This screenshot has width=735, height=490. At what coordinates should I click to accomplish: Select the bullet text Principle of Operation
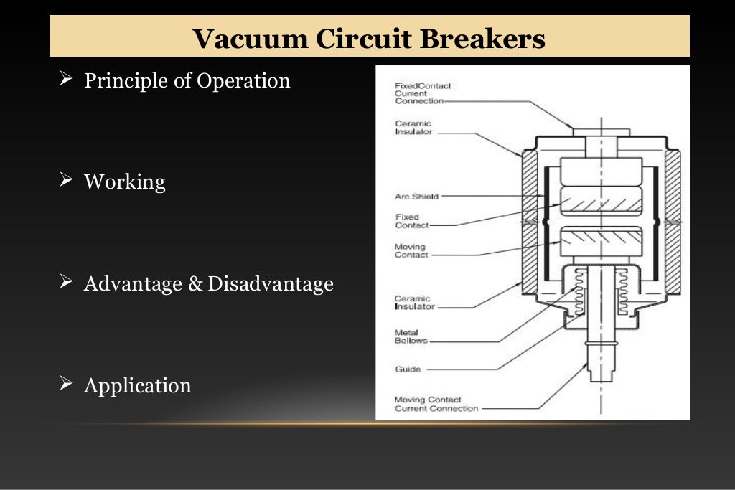click(187, 80)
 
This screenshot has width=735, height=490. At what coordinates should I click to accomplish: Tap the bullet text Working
click(124, 182)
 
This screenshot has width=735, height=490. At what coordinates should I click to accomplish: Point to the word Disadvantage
click(271, 284)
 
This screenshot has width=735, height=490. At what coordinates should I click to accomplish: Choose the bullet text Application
click(137, 386)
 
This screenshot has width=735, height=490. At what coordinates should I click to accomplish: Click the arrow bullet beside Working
click(67, 181)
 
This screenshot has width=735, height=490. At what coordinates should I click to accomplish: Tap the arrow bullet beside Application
click(67, 385)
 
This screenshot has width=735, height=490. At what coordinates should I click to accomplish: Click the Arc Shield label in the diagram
click(416, 197)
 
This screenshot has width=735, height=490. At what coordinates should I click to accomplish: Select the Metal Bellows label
click(411, 336)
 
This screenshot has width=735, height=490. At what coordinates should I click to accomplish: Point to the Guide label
click(408, 369)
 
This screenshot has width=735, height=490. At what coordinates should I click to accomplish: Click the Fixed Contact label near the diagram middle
click(411, 221)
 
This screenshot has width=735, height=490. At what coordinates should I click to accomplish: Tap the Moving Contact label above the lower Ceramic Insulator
click(411, 251)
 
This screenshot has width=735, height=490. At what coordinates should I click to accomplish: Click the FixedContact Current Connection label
click(423, 93)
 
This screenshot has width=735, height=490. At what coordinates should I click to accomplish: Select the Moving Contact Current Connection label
click(436, 404)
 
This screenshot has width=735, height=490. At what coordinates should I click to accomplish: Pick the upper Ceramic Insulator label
click(413, 128)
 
